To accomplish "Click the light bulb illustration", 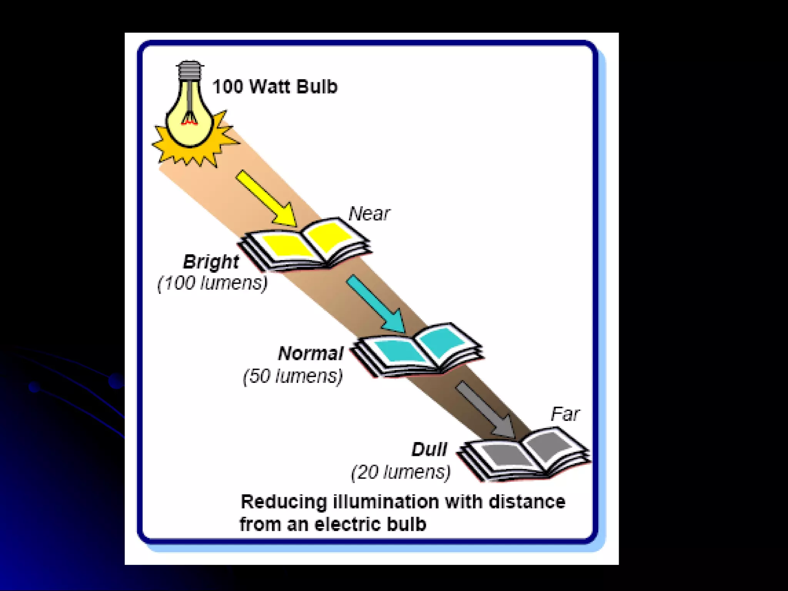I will tap(189, 115).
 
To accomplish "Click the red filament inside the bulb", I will tap(190, 121).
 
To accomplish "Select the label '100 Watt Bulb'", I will tap(275, 87).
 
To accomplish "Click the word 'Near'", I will tap(369, 214).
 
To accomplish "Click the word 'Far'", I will tap(565, 414).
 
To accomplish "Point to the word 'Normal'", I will tap(311, 354).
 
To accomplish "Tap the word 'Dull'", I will tap(429, 449).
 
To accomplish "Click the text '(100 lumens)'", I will tap(212, 284).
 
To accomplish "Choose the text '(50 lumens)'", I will tap(293, 376).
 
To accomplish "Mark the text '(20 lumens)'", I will tap(401, 472).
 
